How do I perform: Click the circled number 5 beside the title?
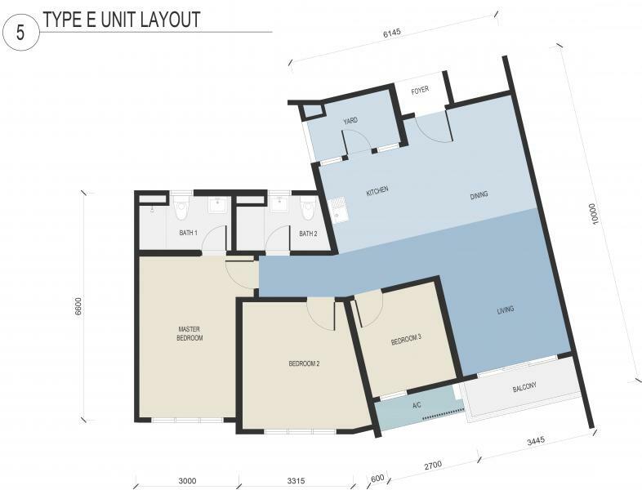(20, 33)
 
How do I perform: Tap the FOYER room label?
(420, 90)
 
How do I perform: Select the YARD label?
(350, 120)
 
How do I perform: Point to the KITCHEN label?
(377, 191)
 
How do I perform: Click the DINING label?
(479, 195)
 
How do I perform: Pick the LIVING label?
(506, 310)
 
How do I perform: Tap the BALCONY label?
(524, 387)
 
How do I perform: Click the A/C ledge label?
(417, 406)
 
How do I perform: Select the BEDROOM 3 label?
(406, 340)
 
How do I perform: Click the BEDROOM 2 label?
(304, 363)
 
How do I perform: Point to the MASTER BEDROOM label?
(189, 334)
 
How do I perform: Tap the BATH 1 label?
(189, 233)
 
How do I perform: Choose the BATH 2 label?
(308, 234)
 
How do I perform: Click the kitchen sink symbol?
(338, 210)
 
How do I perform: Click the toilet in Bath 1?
(181, 208)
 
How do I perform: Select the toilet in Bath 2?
(306, 208)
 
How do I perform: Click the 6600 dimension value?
(78, 306)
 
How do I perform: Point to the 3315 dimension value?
(296, 481)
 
